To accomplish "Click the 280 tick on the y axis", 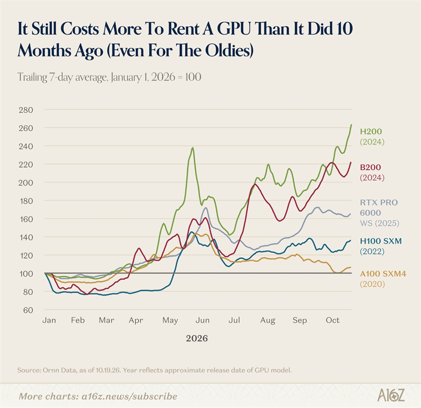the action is click(26, 110).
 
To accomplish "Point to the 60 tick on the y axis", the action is click(28, 310).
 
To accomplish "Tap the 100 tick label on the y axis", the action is click(26, 274).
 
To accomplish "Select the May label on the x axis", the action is click(170, 320).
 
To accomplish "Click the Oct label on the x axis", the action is click(333, 320).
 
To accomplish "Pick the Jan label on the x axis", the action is click(49, 320).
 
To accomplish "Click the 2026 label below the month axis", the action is click(197, 338).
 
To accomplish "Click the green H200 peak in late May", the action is click(193, 148).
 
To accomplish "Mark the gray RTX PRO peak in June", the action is click(206, 208).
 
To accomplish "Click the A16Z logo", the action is click(390, 395).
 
